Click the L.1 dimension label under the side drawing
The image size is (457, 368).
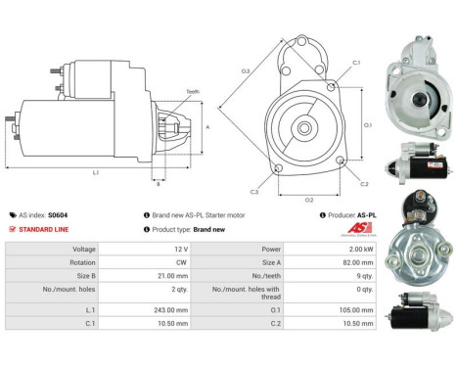coord(96,173)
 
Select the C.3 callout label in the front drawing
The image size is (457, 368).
coord(252,191)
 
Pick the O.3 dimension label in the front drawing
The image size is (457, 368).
coord(246,70)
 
